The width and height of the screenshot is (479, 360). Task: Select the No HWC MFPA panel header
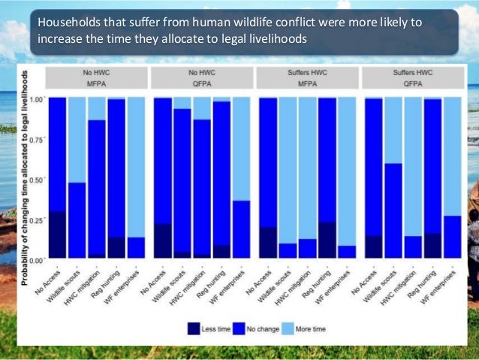96,77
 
